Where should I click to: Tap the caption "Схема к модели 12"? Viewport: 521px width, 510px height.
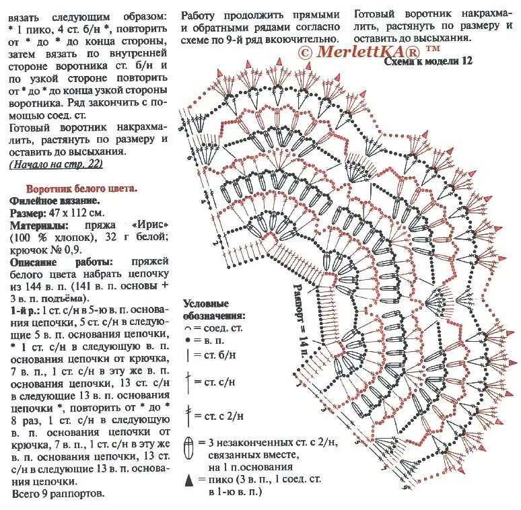428,61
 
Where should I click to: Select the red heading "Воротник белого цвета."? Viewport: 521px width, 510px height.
81,188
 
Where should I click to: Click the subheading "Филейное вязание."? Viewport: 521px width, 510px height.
55,201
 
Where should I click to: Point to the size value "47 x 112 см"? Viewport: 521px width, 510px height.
78,213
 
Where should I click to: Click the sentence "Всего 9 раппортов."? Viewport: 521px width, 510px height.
59,493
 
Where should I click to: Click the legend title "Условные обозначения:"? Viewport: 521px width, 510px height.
214,309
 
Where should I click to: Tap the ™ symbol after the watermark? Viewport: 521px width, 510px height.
433,48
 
